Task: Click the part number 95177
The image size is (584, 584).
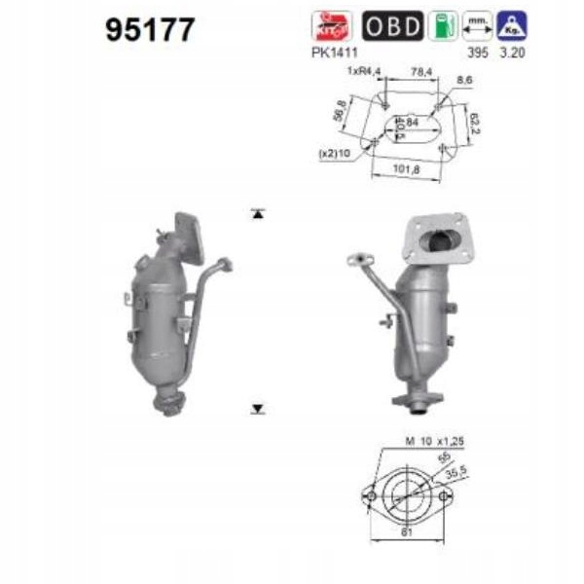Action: tap(150, 30)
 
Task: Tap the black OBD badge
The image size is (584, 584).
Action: tap(393, 25)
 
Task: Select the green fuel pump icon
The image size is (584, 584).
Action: tap(443, 25)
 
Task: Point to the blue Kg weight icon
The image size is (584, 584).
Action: tap(511, 25)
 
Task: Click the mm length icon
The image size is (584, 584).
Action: tap(477, 25)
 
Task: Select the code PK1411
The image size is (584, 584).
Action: tap(333, 53)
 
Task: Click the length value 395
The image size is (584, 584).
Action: tap(477, 53)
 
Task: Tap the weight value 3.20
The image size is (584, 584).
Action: tap(512, 53)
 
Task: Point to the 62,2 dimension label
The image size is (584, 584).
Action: tap(475, 123)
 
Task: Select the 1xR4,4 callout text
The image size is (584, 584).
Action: tap(363, 71)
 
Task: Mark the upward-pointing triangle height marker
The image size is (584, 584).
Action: tap(257, 212)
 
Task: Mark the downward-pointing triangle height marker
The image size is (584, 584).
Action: tap(257, 409)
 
